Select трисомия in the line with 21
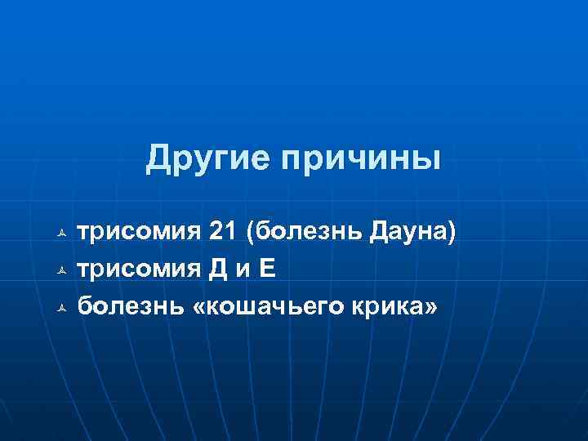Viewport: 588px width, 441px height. click(137, 234)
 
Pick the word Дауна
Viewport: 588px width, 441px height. click(410, 234)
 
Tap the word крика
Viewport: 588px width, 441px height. click(394, 307)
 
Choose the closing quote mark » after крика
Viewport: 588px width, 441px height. click(431, 308)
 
